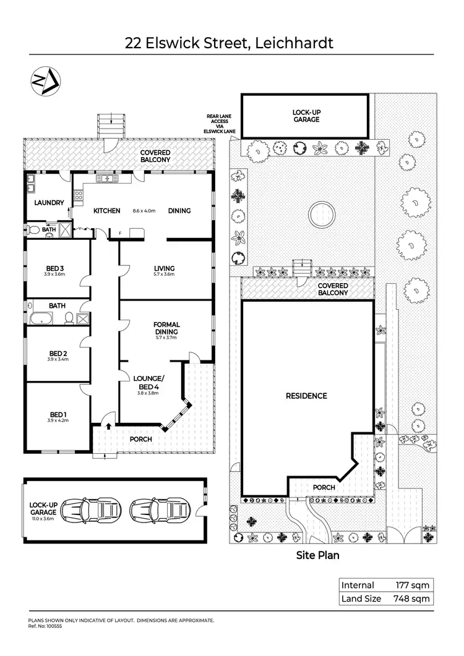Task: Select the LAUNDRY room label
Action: [49, 202]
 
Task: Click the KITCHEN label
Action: [106, 211]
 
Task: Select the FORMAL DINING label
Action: [167, 328]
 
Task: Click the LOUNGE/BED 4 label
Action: [148, 382]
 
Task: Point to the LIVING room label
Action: [164, 268]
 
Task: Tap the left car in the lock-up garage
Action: [92, 509]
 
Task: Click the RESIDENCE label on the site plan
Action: [306, 396]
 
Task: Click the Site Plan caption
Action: [318, 555]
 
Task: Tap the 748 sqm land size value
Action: [411, 598]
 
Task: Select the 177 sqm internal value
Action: [412, 585]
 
